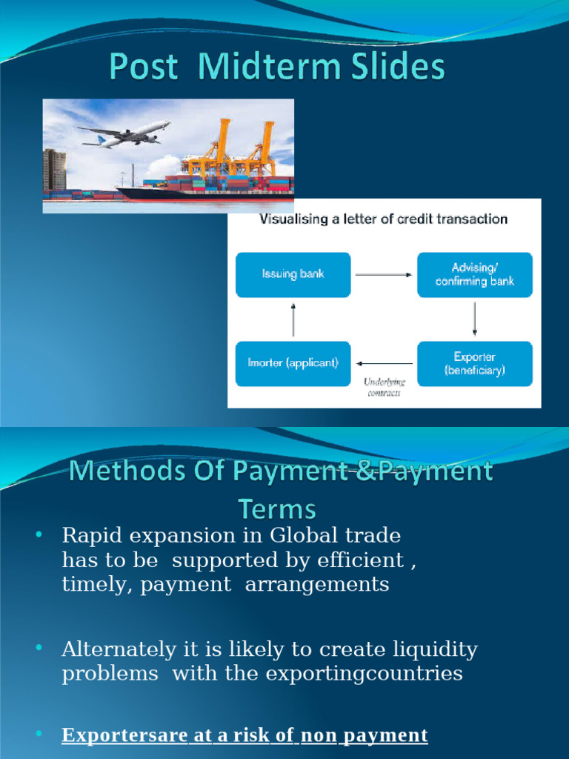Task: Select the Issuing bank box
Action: click(293, 274)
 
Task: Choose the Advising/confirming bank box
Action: click(475, 274)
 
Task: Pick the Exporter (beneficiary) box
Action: click(475, 363)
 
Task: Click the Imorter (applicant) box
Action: click(293, 363)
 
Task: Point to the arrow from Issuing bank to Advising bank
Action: click(383, 274)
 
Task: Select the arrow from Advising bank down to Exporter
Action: click(475, 319)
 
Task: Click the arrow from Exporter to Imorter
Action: click(385, 363)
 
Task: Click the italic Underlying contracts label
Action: click(384, 387)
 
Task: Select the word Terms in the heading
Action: click(276, 509)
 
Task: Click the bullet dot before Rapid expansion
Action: click(39, 534)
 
